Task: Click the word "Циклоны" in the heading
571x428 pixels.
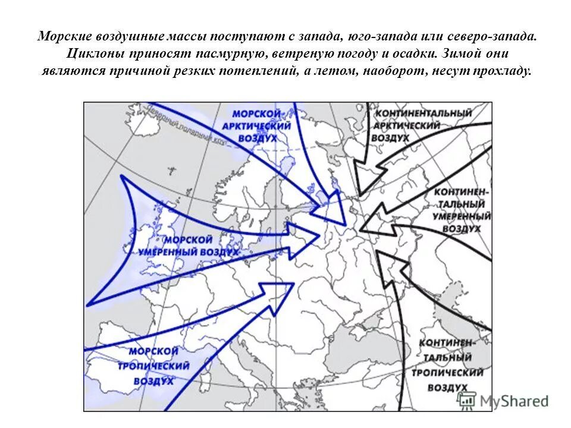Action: pos(90,53)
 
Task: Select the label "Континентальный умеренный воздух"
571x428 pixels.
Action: pos(462,211)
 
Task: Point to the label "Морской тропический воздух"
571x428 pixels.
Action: pos(153,366)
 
